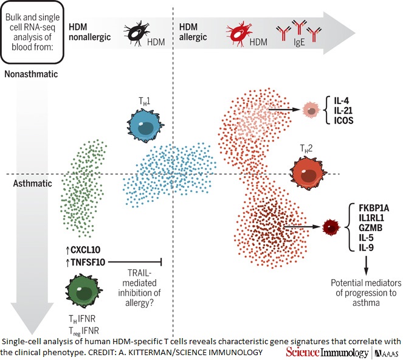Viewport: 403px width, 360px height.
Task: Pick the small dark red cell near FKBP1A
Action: click(x=330, y=227)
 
